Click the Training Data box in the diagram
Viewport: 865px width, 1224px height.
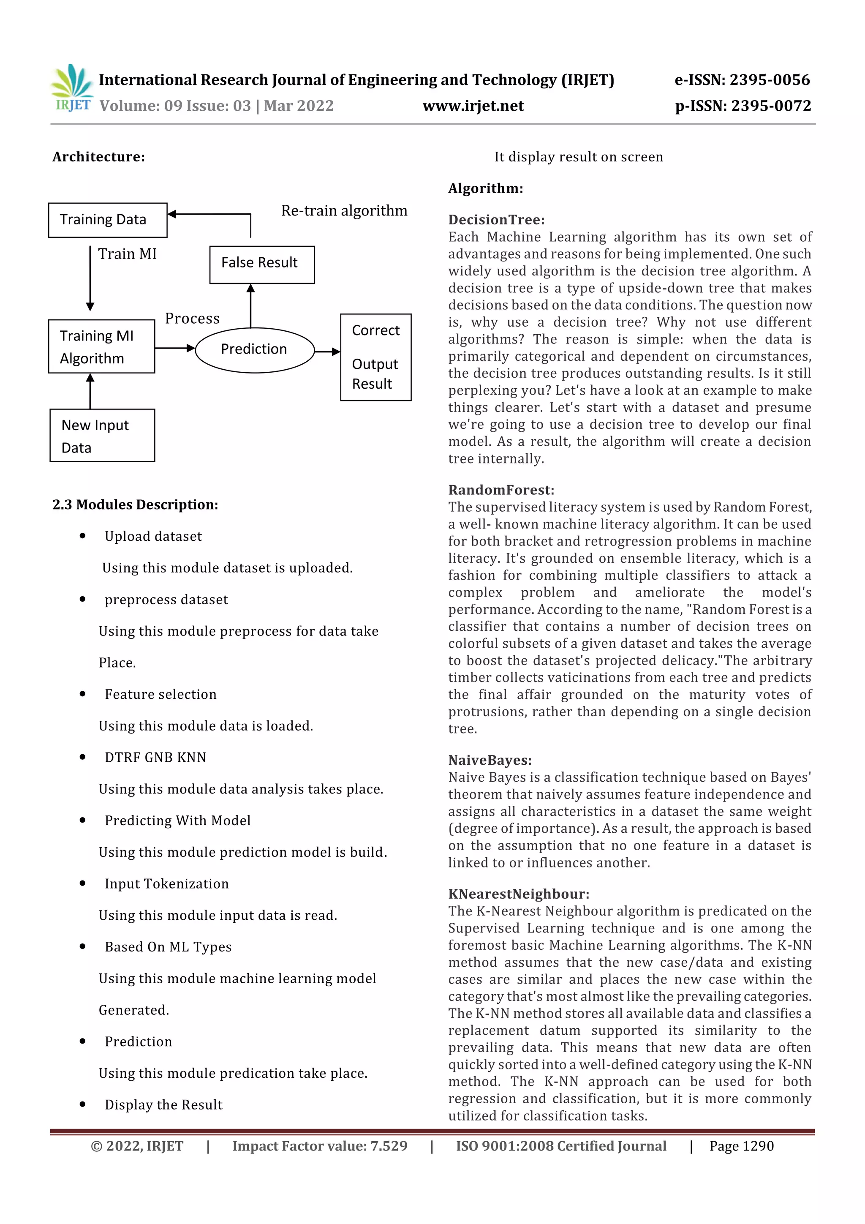tap(107, 220)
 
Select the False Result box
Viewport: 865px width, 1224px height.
tap(262, 264)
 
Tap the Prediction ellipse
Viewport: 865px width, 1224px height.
tap(254, 350)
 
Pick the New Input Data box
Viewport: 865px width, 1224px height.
tap(102, 435)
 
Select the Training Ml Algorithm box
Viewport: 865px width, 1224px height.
tap(101, 346)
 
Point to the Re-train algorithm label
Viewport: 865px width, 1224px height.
tap(344, 210)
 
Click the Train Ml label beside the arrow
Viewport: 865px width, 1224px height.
tap(127, 254)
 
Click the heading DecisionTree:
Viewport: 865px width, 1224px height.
tap(496, 220)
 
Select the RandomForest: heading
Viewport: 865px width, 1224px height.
tap(501, 489)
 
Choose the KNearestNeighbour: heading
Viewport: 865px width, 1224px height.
tap(518, 894)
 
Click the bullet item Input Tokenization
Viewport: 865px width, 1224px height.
tap(166, 883)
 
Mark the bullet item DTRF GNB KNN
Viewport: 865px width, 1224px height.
tap(155, 757)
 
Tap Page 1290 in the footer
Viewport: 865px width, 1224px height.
tap(741, 1146)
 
